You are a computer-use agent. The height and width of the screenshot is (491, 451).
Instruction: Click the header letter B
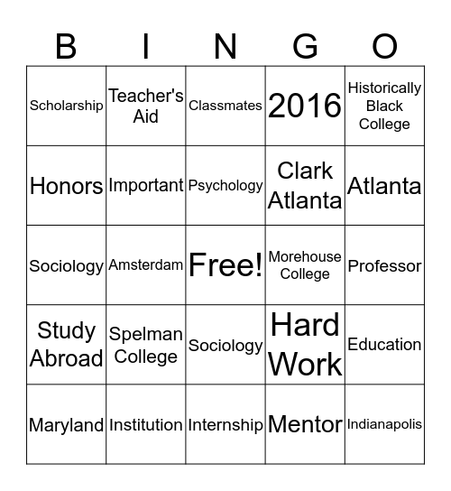(x=66, y=45)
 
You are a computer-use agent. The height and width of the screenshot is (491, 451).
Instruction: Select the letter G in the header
(x=305, y=45)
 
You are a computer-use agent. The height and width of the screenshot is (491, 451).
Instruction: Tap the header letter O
(x=384, y=45)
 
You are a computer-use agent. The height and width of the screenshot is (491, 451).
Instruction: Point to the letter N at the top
(x=225, y=45)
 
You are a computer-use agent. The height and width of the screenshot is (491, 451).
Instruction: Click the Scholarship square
(x=67, y=106)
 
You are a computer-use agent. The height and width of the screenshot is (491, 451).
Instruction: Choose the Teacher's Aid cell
(x=146, y=106)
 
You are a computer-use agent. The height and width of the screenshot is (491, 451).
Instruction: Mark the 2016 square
(x=305, y=106)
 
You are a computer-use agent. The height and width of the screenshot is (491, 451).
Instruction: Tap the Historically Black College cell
(x=384, y=106)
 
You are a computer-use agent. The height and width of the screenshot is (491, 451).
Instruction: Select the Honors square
(x=67, y=186)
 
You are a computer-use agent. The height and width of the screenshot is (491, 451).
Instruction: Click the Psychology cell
(x=225, y=186)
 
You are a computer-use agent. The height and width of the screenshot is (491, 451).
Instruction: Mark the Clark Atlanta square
(x=305, y=186)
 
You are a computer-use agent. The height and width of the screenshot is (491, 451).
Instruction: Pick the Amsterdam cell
(x=146, y=265)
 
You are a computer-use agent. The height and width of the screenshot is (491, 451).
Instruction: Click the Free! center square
(x=225, y=265)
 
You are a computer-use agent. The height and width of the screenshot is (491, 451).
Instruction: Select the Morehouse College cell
(x=305, y=265)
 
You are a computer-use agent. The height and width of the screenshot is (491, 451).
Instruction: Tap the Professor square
(x=384, y=265)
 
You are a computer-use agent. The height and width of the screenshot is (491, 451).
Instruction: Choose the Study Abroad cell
(x=67, y=345)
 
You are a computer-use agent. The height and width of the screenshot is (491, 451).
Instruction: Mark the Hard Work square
(x=305, y=345)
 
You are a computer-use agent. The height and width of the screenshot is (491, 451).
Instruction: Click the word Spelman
(x=146, y=335)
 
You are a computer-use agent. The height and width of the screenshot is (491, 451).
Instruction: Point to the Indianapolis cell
(x=384, y=424)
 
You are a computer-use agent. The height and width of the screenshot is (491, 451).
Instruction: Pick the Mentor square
(x=305, y=424)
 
